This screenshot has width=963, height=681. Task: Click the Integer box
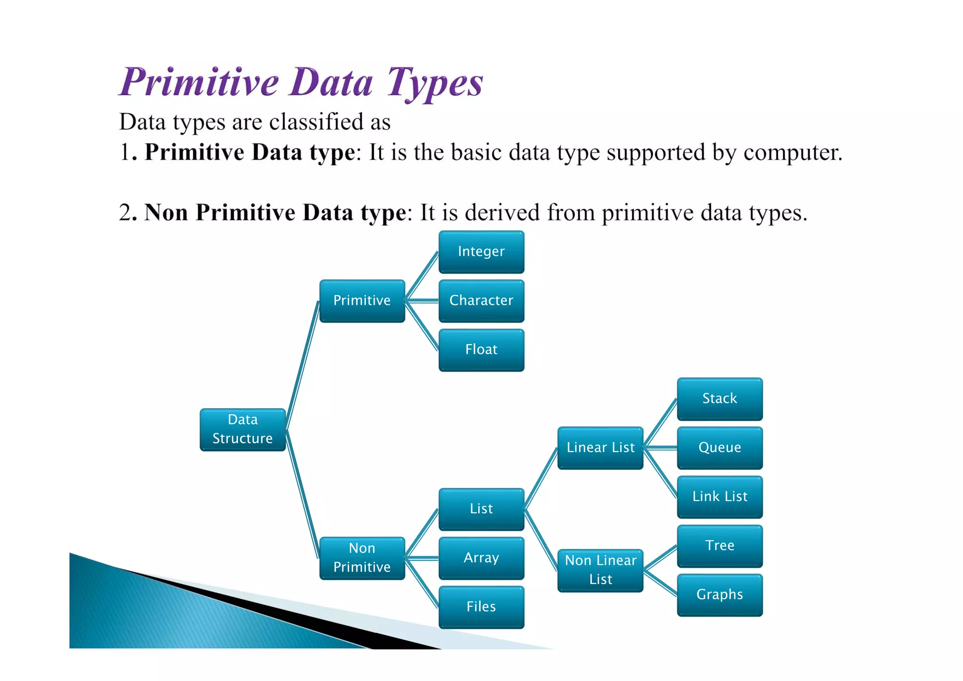pos(481,252)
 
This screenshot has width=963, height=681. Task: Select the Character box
pos(481,301)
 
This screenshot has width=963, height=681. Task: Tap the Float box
pos(481,349)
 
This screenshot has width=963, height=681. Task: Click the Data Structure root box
pos(243,429)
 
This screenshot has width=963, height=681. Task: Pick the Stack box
pos(719,399)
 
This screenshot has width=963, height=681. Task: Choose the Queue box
pos(719,448)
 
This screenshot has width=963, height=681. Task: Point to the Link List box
pos(719,497)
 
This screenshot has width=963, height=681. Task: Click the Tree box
pos(719,546)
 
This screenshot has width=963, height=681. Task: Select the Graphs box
pos(719,594)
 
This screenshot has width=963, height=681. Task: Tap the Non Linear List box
pos(600,570)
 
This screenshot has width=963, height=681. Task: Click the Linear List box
pos(600,448)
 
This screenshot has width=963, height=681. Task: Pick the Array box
pos(481,558)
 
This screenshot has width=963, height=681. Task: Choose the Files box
pos(481,607)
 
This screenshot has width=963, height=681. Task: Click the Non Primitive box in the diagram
pos(362,558)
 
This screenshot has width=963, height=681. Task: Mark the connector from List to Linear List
pos(541,479)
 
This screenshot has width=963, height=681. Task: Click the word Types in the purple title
pos(435,83)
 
